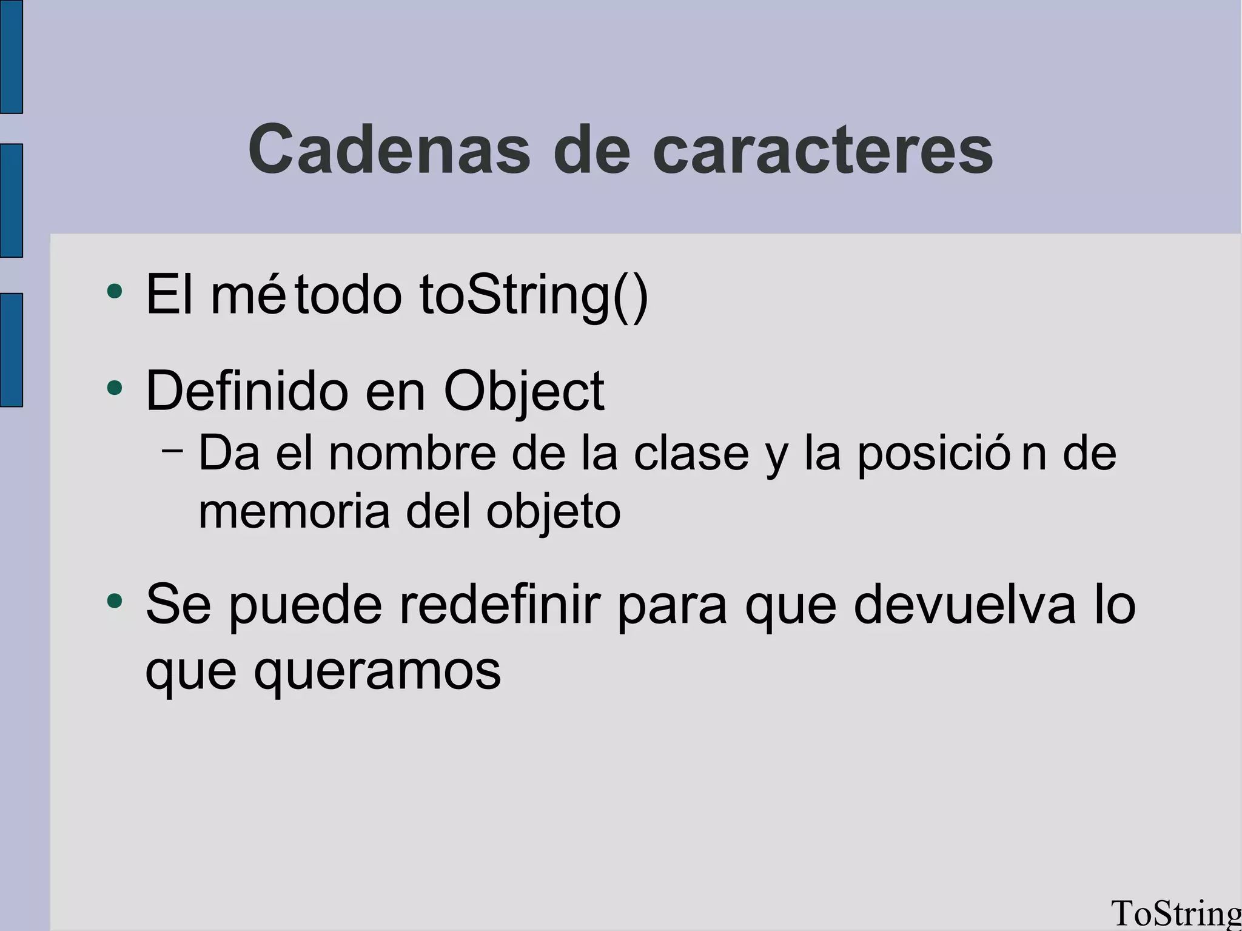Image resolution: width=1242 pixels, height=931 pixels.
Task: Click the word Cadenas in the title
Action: click(389, 149)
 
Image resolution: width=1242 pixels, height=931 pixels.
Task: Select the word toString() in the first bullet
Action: click(534, 295)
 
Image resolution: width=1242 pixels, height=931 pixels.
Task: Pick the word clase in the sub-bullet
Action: click(691, 453)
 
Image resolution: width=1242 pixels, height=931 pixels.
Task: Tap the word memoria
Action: click(294, 511)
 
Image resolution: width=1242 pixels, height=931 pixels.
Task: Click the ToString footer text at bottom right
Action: click(1175, 914)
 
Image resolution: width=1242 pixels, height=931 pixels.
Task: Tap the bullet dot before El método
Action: click(114, 291)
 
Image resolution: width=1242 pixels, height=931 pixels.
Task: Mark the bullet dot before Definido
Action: click(114, 387)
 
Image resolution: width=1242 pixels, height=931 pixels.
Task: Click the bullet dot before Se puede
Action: click(114, 600)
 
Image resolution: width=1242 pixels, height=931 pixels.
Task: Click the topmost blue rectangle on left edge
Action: click(11, 56)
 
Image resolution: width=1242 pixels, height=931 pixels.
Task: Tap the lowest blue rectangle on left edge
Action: click(11, 350)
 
